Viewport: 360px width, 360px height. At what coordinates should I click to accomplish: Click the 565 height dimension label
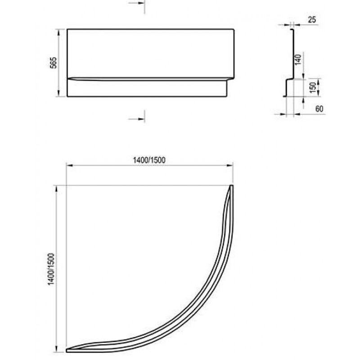53,63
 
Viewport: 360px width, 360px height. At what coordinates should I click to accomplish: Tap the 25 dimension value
312,20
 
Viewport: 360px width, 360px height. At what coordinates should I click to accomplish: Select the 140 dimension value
298,59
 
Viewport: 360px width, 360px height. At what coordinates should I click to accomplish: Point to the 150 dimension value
313,87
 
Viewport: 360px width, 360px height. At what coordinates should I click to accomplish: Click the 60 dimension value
319,108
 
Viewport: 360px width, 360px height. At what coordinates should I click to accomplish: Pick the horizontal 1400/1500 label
149,160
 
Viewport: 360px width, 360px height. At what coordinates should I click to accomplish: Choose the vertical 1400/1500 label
51,269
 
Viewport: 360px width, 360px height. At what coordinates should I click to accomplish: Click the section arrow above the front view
137,4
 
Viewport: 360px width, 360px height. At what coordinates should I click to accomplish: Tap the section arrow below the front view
137,119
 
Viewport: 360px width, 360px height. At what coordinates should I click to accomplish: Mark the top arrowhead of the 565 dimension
58,32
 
